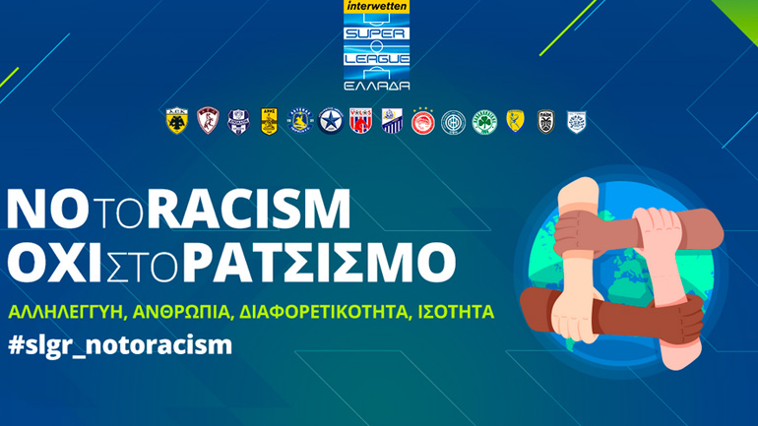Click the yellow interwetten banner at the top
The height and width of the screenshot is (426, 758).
pos(378,7)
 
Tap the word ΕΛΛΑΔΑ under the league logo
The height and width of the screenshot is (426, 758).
pos(378,85)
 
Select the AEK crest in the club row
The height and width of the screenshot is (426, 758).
pos(176,120)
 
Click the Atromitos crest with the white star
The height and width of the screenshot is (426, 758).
pos(330,120)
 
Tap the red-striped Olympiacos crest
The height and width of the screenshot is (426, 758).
pos(422,120)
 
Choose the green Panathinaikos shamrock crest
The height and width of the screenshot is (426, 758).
pos(483,120)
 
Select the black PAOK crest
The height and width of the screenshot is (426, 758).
pos(544,120)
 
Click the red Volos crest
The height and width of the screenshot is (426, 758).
pos(360,120)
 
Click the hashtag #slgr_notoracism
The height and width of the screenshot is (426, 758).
pos(120,346)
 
